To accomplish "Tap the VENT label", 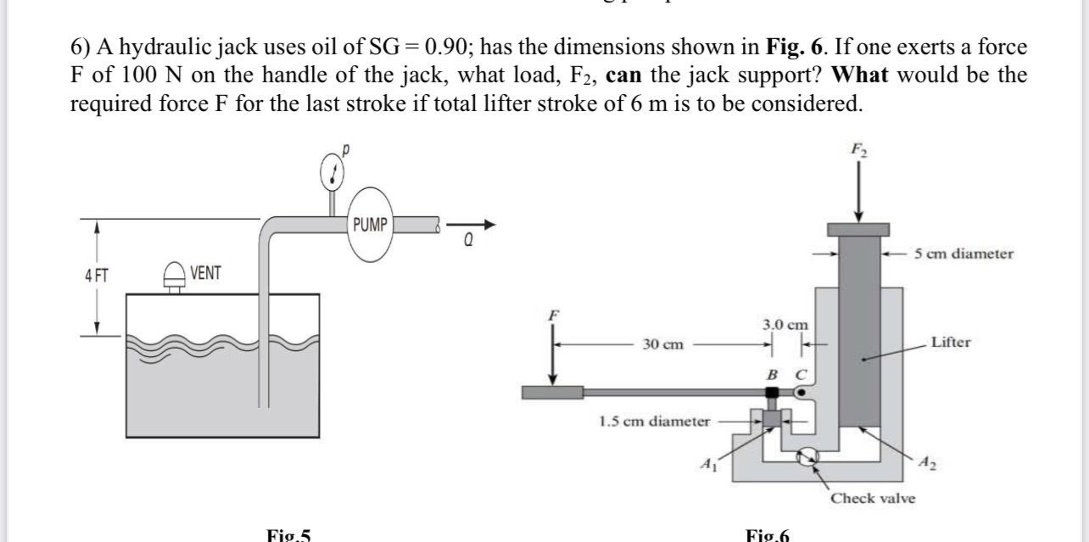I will [205, 273].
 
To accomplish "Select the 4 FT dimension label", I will [95, 275].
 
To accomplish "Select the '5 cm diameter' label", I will [964, 254].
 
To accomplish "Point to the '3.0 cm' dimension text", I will [785, 324].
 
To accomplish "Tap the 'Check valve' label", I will [873, 498].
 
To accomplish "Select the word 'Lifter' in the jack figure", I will [950, 343].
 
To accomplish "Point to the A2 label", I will [931, 463].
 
